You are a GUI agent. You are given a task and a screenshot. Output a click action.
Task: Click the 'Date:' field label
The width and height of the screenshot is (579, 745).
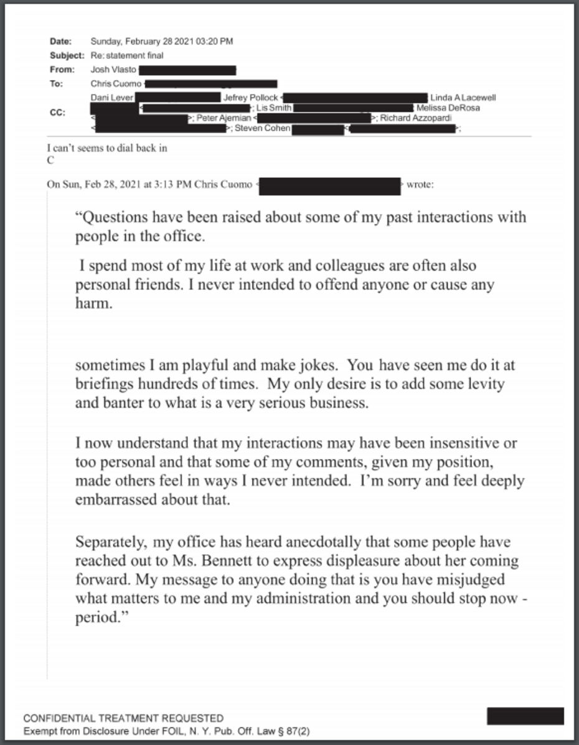point(60,42)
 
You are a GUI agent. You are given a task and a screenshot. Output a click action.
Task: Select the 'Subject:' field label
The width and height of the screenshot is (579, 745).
point(66,55)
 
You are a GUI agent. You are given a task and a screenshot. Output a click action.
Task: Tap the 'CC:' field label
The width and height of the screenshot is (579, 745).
point(57,113)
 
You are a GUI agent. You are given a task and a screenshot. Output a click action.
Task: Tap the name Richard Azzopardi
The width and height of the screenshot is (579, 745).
point(415,118)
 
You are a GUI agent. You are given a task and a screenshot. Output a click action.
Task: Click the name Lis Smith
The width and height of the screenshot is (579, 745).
point(274,108)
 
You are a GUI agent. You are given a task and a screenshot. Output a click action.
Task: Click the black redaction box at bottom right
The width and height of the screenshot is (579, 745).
point(525,716)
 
